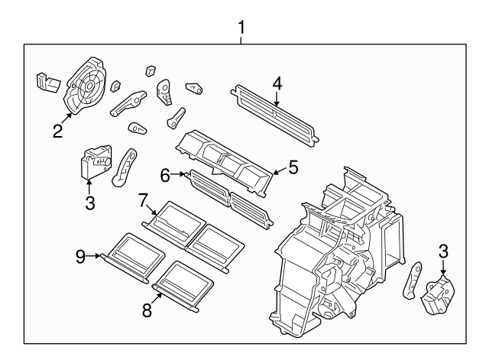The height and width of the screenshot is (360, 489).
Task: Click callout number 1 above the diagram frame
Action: click(241, 28)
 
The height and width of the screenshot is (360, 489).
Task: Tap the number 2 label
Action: click(57, 131)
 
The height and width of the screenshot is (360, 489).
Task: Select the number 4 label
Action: click(277, 83)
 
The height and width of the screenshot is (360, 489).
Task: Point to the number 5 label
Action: click(293, 165)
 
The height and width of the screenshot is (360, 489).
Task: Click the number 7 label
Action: click(142, 200)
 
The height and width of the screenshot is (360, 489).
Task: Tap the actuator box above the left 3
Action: click(95, 161)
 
